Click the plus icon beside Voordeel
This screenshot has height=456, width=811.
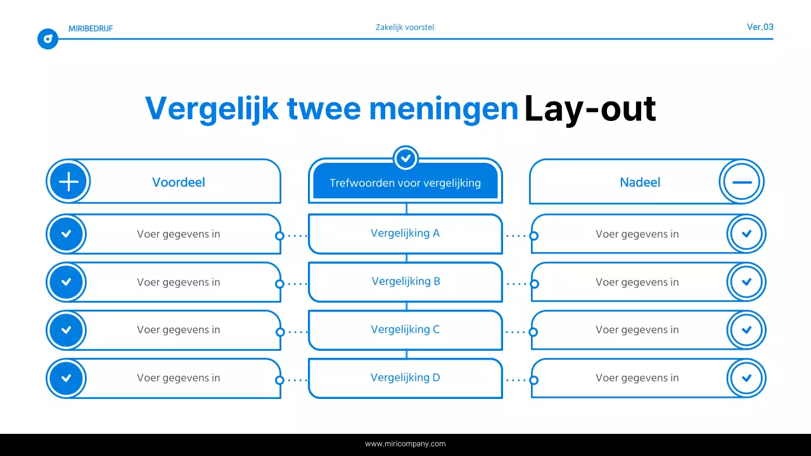tap(68, 182)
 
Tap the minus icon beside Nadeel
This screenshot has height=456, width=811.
tap(741, 182)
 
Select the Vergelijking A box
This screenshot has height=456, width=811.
tap(405, 233)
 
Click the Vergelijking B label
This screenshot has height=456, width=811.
tap(405, 281)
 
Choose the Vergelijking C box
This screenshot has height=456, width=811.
tap(405, 329)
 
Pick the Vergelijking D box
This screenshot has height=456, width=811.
tap(405, 377)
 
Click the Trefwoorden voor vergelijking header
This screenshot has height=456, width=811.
tap(405, 183)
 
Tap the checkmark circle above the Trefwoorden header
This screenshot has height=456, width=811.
tap(405, 158)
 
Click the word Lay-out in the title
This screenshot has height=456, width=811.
tap(589, 109)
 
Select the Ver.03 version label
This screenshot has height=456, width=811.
tap(760, 27)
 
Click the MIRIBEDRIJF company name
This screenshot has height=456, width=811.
tap(91, 28)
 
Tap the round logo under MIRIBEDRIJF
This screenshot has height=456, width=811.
tap(48, 39)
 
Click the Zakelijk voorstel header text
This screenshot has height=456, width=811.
tap(405, 27)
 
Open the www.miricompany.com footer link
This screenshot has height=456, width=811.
tap(405, 444)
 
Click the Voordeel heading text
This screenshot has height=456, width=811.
tap(179, 182)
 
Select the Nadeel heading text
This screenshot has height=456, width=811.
tap(640, 182)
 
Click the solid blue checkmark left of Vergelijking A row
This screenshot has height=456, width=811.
tap(66, 234)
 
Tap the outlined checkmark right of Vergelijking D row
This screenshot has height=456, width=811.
tap(746, 378)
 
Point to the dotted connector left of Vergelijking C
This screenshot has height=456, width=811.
tap(294, 332)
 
